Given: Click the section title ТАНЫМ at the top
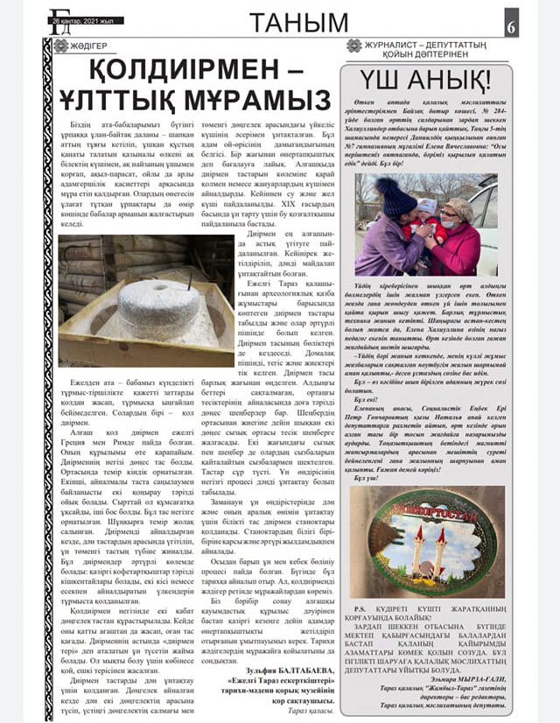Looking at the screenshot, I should (x=293, y=24).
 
